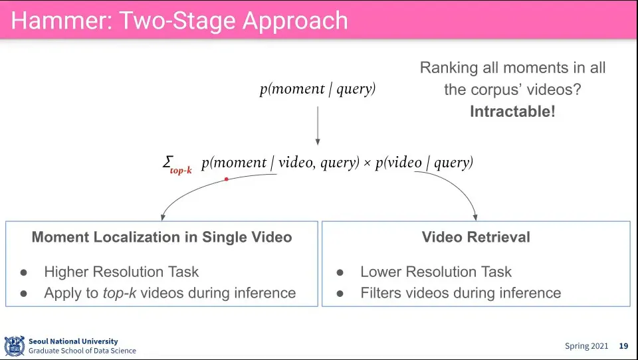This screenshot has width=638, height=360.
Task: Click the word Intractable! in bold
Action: pos(512,112)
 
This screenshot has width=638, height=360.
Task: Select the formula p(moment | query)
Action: pos(318,89)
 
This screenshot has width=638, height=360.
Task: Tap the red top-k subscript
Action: pos(180,170)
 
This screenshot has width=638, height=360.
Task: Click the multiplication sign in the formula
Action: pos(367,163)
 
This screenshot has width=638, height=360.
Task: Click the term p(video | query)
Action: pos(424,163)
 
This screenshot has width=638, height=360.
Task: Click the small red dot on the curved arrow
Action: pos(227,179)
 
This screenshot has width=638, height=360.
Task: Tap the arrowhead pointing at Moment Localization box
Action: pos(163,217)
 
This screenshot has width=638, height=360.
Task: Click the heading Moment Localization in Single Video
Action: pos(161,237)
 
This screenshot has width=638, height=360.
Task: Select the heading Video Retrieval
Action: pos(476,237)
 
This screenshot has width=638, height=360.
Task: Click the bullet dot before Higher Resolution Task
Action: pos(24,272)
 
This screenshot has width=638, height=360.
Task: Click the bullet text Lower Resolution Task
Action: pos(436,272)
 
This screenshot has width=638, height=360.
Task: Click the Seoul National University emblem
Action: pos(14,346)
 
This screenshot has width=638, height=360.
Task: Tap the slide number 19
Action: pos(623,346)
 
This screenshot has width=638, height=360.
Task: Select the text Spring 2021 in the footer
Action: pos(587,346)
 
